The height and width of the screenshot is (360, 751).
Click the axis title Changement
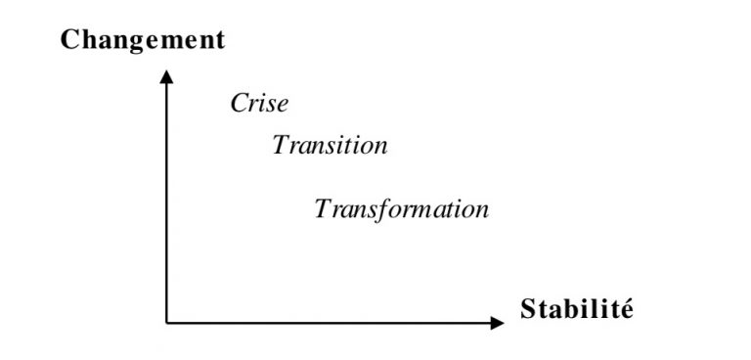tap(143, 40)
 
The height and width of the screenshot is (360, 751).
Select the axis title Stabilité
tap(577, 310)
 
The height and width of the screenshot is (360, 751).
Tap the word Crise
tap(260, 104)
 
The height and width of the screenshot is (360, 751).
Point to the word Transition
tap(331, 146)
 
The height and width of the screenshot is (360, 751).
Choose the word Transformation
tap(402, 209)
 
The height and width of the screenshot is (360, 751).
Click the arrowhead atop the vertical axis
tap(167, 76)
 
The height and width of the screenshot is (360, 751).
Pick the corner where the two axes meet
tap(167, 322)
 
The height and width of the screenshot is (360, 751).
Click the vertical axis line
tap(167, 196)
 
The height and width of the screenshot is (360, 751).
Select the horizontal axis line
tap(332, 322)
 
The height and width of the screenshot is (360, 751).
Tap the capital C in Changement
tap(69, 40)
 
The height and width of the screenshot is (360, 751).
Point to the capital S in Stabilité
tap(529, 310)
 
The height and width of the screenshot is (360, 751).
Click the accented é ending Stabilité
tap(626, 310)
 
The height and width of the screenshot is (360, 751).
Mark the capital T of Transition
tap(282, 146)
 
